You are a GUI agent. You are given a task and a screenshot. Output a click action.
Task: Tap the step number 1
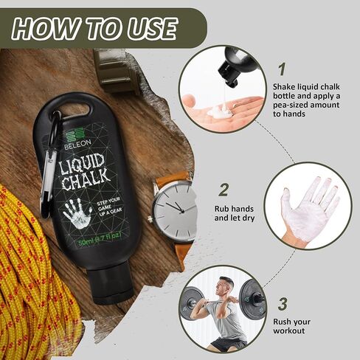tap(281, 70)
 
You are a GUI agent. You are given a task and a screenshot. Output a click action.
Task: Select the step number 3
tap(281, 303)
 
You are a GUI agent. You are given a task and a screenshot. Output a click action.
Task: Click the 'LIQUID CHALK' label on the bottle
tap(86, 170)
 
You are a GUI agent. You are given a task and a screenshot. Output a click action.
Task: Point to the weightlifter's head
tap(226, 287)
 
